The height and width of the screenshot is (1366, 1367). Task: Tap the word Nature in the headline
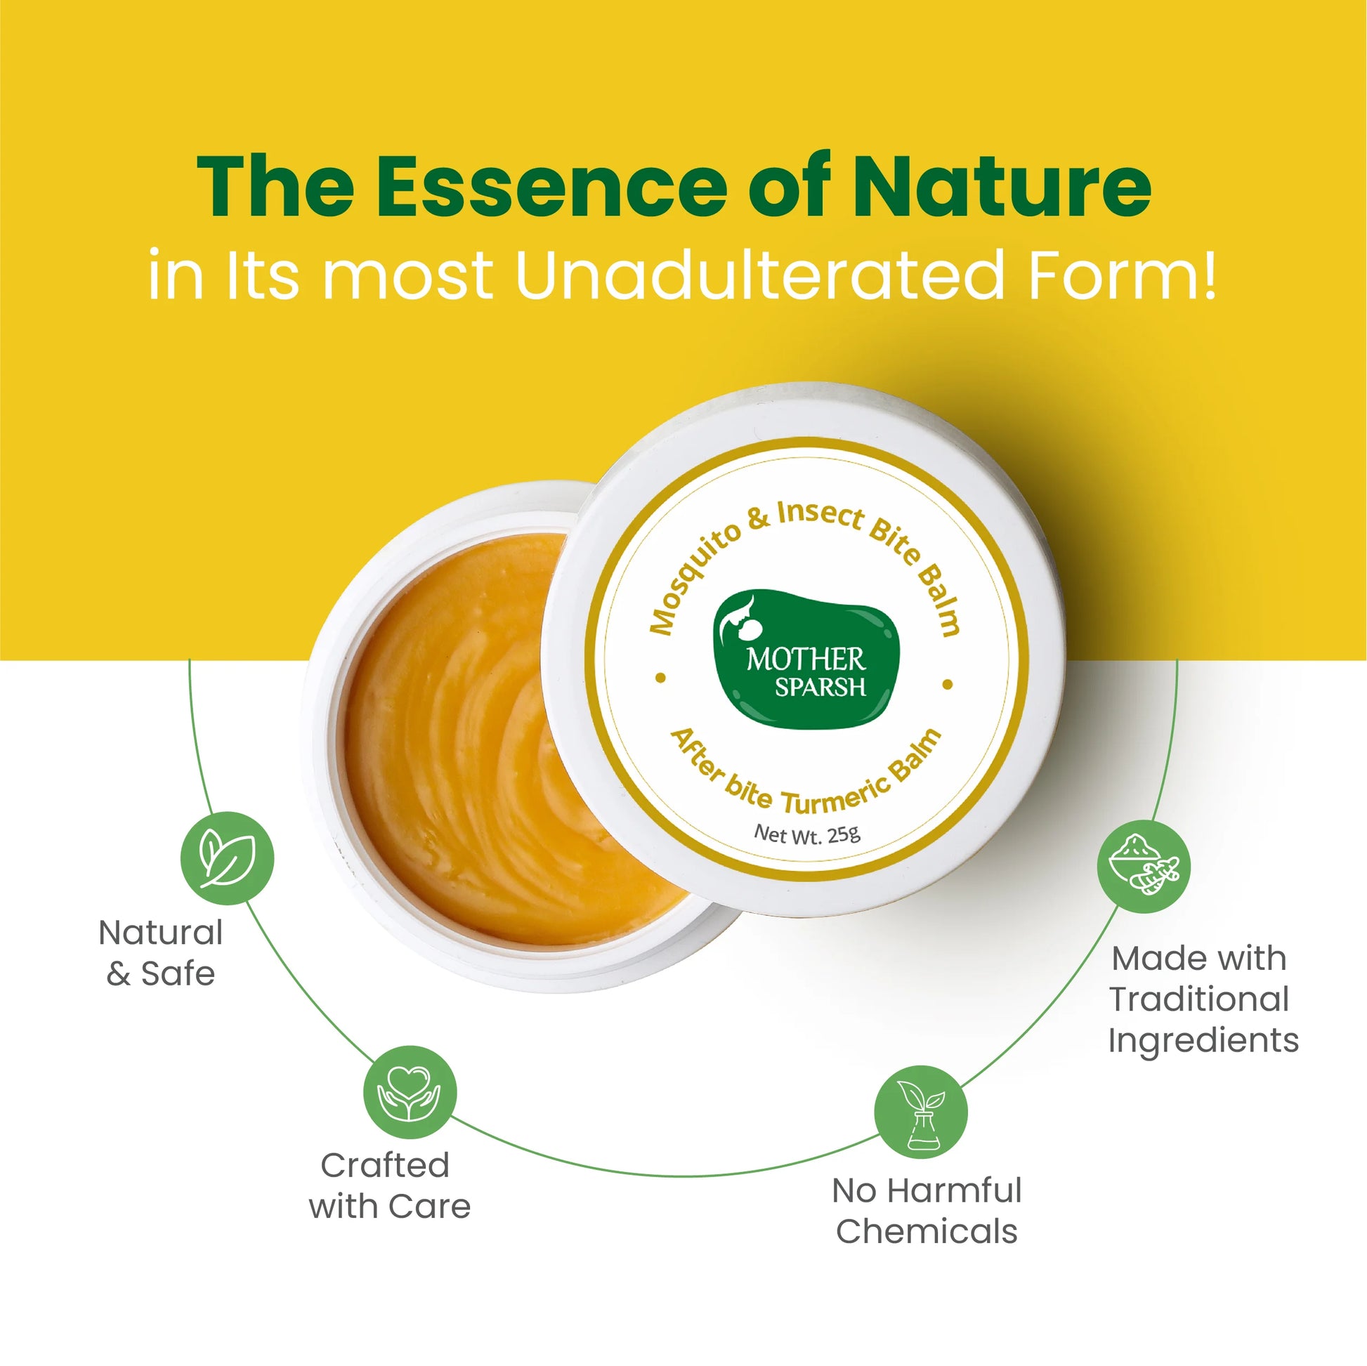(x=1002, y=185)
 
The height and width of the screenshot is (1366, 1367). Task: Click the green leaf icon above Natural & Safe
(x=227, y=858)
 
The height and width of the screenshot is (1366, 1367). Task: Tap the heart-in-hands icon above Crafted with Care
(x=410, y=1091)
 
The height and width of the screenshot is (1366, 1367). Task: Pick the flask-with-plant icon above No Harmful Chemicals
(x=920, y=1111)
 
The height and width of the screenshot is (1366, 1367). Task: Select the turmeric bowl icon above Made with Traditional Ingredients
(x=1144, y=866)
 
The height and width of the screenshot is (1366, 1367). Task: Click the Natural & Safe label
(x=161, y=953)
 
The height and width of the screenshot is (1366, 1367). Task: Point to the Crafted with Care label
(x=389, y=1186)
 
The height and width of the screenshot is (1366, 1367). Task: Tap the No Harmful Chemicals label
(x=926, y=1210)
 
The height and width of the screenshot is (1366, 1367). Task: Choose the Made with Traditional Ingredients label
(x=1203, y=999)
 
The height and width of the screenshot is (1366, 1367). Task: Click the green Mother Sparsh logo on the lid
(x=806, y=659)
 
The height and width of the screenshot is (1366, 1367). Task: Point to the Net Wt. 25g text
(x=806, y=834)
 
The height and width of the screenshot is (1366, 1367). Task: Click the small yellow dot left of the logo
(x=661, y=677)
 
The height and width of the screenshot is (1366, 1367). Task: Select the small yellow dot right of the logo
(x=948, y=684)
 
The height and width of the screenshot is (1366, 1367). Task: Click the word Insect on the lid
(x=820, y=514)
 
